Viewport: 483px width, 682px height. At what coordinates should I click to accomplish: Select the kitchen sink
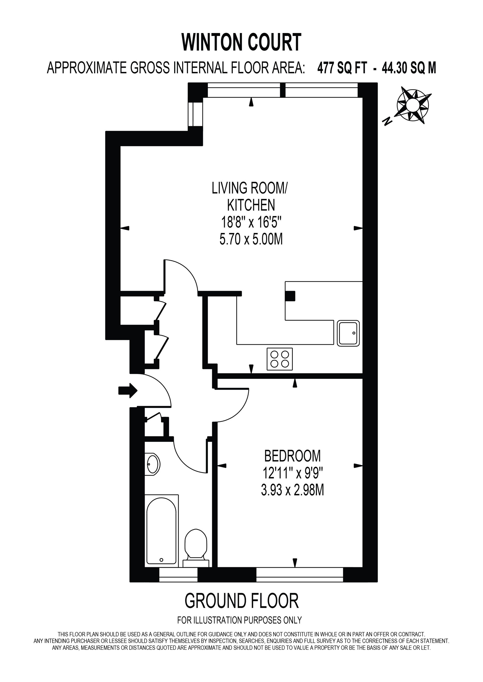tap(348, 333)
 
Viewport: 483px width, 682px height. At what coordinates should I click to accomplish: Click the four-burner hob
tap(280, 359)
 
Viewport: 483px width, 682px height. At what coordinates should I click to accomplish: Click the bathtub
tap(162, 531)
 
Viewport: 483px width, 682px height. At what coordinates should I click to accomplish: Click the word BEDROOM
tap(292, 456)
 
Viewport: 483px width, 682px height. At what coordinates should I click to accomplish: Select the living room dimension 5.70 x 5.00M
tap(251, 239)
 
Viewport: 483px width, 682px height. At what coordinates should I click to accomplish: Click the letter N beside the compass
tap(387, 121)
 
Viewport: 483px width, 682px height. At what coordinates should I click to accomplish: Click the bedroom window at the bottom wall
tap(299, 575)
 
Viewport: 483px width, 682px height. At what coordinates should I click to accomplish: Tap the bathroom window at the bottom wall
tap(178, 575)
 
